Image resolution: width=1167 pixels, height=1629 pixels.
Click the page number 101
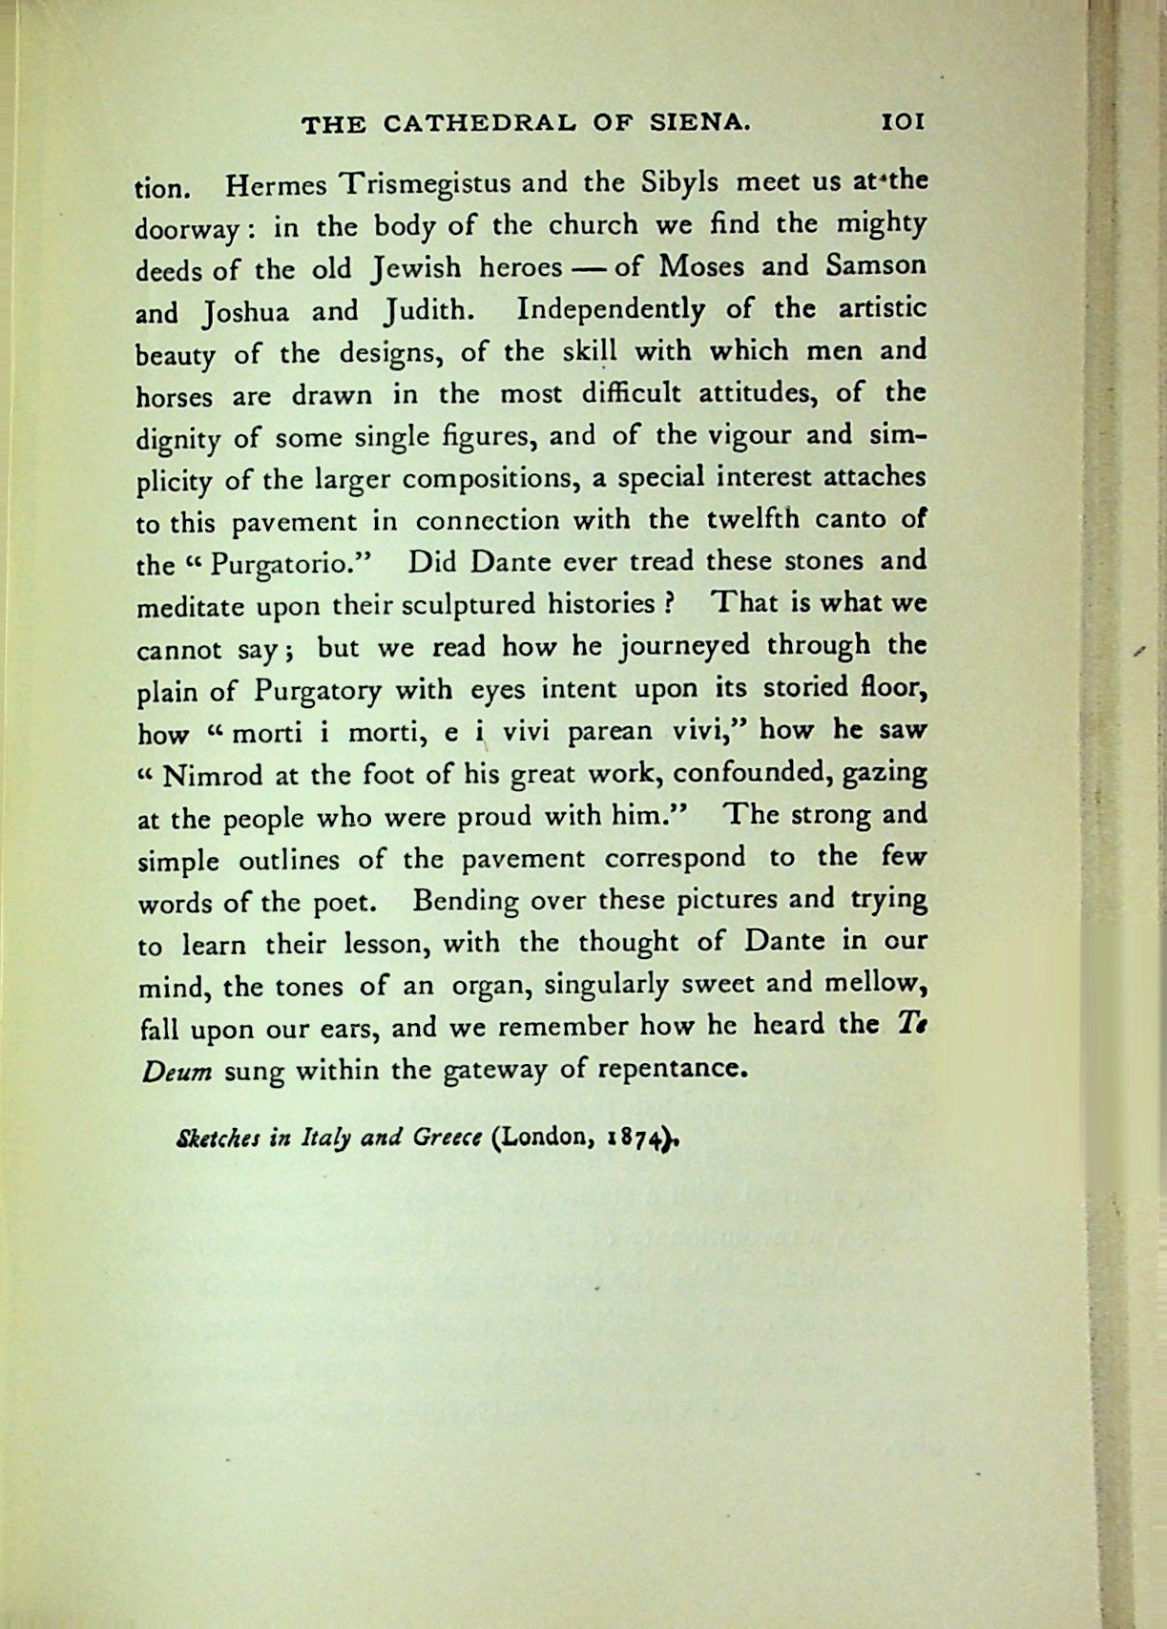tap(903, 122)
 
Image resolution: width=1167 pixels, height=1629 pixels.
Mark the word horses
tap(175, 395)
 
